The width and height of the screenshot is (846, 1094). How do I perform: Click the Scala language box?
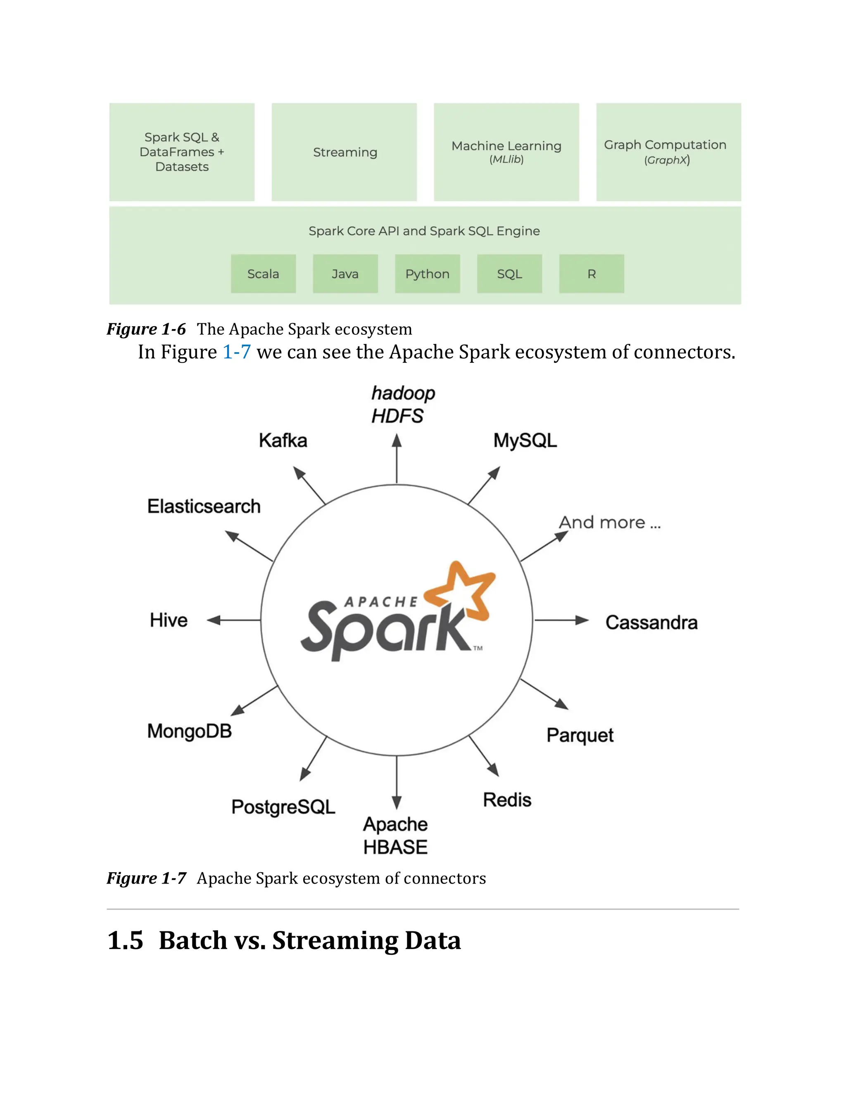[x=263, y=273]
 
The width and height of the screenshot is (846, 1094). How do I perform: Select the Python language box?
[x=427, y=273]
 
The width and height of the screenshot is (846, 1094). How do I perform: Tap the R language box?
[x=592, y=273]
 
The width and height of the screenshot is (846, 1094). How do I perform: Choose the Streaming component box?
[x=345, y=152]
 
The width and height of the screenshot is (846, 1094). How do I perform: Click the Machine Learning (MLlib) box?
[x=506, y=152]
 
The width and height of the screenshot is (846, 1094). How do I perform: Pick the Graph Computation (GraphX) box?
[x=668, y=152]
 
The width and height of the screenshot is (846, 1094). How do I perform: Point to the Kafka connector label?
[x=283, y=441]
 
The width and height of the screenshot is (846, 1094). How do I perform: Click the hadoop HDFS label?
[x=402, y=405]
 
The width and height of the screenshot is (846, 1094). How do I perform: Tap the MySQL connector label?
[x=525, y=441]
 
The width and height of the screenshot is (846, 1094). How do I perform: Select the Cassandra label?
[x=651, y=623]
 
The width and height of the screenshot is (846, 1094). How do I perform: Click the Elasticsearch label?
[x=204, y=507]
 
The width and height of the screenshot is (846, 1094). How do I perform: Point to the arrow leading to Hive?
[x=233, y=620]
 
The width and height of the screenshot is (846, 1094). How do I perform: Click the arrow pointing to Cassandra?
[x=561, y=620]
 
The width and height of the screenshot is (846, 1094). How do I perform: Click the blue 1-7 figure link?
[x=237, y=352]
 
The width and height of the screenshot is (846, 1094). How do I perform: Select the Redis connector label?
[x=507, y=800]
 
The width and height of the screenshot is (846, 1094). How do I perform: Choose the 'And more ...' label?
[x=609, y=523]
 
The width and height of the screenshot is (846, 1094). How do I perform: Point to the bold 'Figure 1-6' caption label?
[x=146, y=329]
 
